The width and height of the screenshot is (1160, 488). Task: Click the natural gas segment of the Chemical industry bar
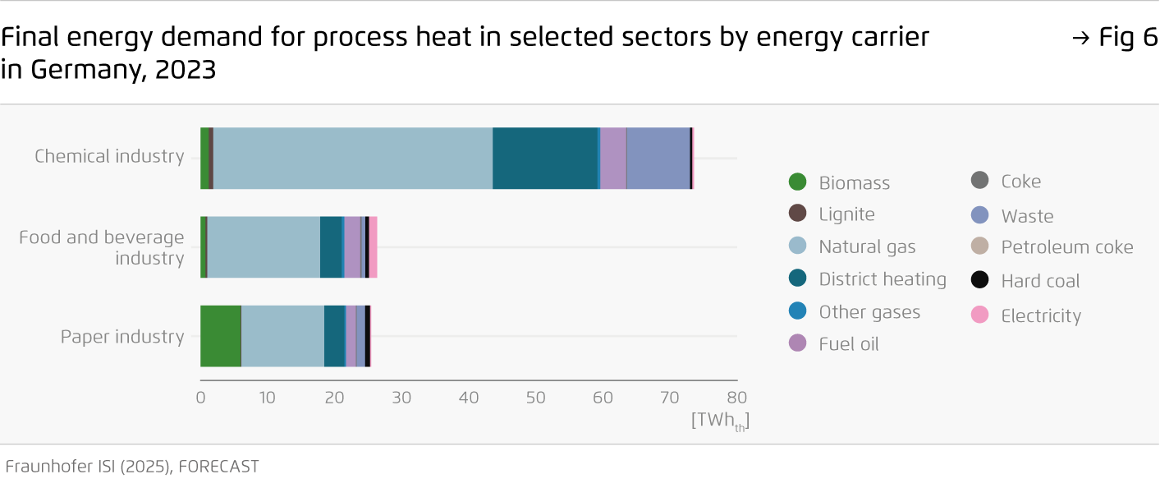point(353,159)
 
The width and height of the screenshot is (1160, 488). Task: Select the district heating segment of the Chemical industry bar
point(545,159)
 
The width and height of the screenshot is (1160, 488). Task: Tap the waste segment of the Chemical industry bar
point(658,159)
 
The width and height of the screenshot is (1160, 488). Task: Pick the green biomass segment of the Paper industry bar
point(221,336)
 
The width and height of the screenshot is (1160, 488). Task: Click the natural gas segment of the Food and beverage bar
point(264,247)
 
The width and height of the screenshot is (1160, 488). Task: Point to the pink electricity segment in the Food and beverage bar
point(373,247)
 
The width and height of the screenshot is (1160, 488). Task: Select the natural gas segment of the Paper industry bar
point(282,336)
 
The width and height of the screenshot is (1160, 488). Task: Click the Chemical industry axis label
point(109,156)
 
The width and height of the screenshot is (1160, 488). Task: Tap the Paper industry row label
point(122,337)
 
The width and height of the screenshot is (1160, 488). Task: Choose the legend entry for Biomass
point(854,183)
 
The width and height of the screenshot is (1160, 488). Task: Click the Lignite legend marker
point(797,214)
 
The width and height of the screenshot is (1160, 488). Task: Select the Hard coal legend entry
point(1040,281)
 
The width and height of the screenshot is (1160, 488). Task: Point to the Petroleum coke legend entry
point(1066,247)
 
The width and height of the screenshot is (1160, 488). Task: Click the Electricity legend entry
point(1040,316)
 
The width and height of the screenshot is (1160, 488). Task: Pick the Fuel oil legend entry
point(848,344)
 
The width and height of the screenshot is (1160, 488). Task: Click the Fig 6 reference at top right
point(1115,38)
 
